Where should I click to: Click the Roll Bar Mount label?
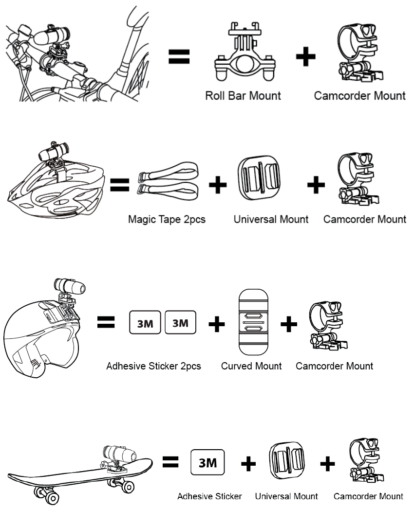243,95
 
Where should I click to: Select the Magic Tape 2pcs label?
167,219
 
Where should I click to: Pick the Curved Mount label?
251,366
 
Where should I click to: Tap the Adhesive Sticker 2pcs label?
153,366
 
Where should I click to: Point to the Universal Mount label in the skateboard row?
286,496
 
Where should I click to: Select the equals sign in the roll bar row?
179,57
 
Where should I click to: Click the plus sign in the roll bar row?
306,57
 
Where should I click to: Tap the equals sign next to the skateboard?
170,462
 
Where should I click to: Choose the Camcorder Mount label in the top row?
359,95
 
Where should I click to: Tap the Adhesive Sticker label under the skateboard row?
209,496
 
